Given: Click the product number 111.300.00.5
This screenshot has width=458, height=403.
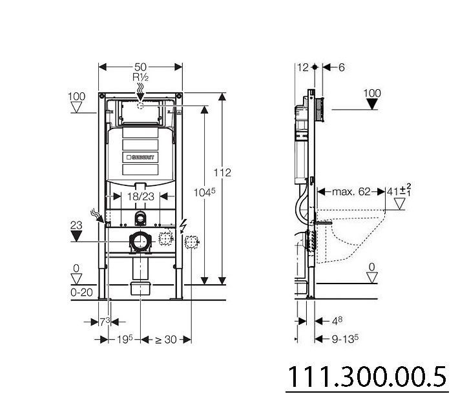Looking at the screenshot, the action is (x=367, y=377).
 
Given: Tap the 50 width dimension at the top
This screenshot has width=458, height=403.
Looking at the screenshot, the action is (x=140, y=67).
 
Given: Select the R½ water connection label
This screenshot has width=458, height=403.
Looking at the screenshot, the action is (x=140, y=77).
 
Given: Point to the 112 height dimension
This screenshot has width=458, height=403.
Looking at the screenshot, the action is (x=222, y=172).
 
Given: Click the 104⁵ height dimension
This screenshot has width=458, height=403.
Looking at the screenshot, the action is (x=205, y=192).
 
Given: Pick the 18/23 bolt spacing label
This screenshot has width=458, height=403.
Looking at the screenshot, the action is (x=140, y=196).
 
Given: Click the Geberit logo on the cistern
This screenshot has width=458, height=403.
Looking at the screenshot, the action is (x=140, y=158).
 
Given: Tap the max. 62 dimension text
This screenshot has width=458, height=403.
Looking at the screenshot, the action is (x=351, y=192).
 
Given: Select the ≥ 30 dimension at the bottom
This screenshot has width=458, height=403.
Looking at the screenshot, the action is (x=165, y=339).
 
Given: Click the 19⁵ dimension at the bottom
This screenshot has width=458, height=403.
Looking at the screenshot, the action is (x=125, y=339).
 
